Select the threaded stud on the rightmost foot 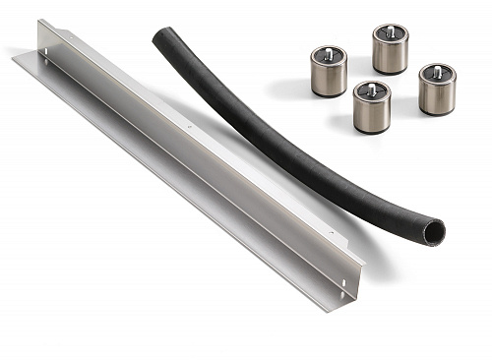coord(437,72)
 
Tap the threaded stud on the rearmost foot coord(390,32)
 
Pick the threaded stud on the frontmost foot coord(373,88)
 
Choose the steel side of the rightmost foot coord(437,96)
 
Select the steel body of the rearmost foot coord(390,56)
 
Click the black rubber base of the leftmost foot coord(329,94)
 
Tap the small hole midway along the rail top coord(190,127)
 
